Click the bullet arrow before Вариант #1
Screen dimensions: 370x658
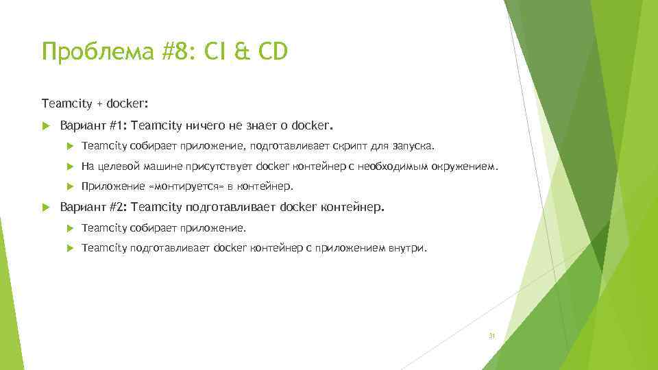46,126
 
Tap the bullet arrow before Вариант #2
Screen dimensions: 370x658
46,207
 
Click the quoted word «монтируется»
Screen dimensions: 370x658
182,186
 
